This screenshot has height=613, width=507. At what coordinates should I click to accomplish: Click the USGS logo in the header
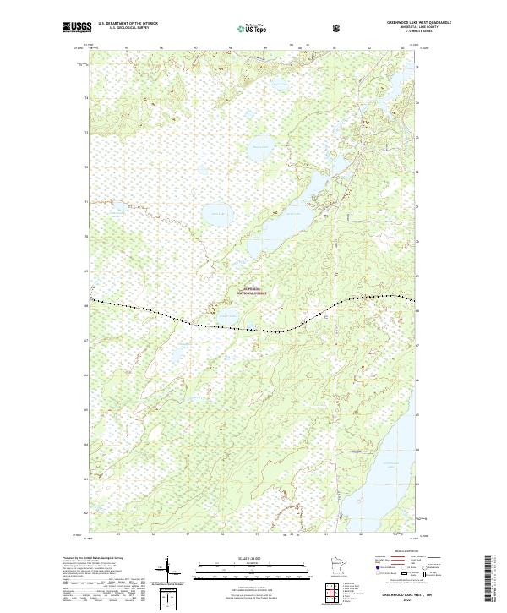[77, 28]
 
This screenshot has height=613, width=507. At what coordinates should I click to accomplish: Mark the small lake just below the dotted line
[230, 316]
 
